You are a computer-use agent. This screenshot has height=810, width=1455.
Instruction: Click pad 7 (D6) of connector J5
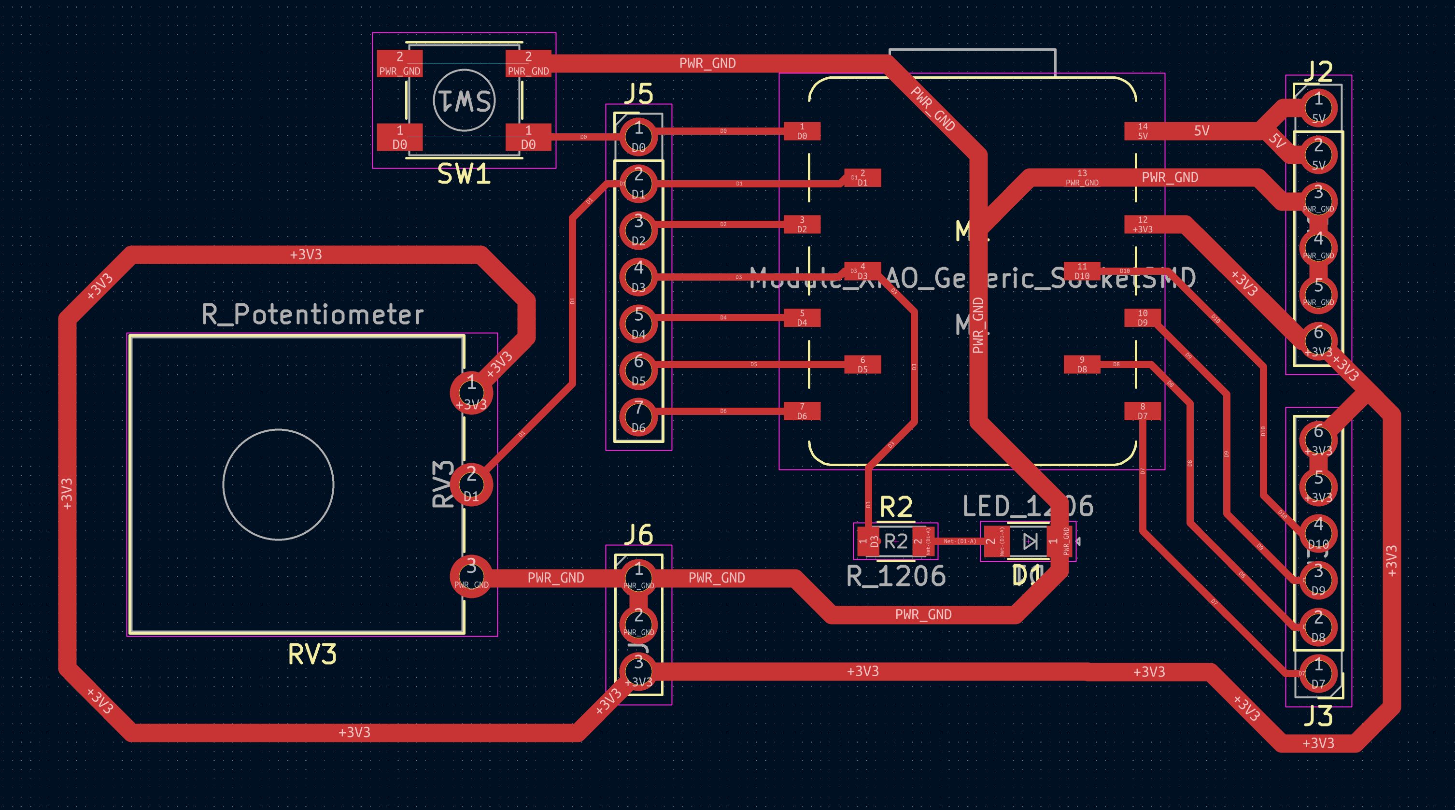pos(638,417)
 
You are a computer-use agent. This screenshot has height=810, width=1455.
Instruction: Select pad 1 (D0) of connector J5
pos(638,137)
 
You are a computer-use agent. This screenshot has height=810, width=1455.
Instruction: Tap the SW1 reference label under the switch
pos(464,175)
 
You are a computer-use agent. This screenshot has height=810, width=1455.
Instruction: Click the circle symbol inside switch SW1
pos(464,100)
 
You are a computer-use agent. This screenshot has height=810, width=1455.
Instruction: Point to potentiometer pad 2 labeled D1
pos(471,484)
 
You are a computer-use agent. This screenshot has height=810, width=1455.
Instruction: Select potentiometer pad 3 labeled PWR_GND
pos(471,576)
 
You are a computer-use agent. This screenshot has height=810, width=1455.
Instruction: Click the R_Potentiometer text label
pos(312,314)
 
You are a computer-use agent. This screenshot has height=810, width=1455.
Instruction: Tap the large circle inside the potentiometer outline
pos(278,484)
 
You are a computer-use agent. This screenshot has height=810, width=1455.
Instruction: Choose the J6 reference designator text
pos(638,534)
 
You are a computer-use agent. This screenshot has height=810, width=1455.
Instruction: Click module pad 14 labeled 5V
pos(1143,131)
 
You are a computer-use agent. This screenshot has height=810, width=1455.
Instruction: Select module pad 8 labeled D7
pos(1143,411)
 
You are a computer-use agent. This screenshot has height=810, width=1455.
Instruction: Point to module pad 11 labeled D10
pos(1082,271)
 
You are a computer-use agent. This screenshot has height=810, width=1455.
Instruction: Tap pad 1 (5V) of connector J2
pos(1318,108)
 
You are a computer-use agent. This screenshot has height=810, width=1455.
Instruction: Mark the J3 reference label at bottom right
pos(1318,716)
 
